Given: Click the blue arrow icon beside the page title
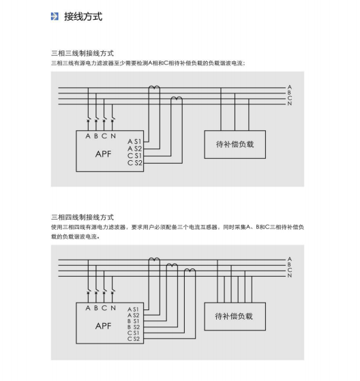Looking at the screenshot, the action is click(55, 16).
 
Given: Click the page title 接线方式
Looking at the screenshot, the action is click(83, 16).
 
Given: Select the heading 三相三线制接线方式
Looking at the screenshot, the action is click(82, 53).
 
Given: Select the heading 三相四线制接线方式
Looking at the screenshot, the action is click(82, 217).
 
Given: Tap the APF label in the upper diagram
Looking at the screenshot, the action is click(104, 154).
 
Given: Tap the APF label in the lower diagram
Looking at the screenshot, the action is click(104, 326).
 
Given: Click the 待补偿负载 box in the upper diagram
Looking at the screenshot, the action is click(235, 144).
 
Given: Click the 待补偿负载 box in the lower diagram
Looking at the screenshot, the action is click(235, 316).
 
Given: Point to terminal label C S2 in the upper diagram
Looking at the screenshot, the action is click(135, 163).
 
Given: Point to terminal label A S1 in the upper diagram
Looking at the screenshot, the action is click(134, 141).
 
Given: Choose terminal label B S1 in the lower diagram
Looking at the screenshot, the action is click(134, 321).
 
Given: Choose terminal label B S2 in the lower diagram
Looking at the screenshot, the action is click(134, 327).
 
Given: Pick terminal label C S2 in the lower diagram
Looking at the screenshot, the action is click(134, 339).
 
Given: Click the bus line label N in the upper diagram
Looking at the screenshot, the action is click(290, 104).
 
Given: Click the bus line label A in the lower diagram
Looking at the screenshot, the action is click(290, 259).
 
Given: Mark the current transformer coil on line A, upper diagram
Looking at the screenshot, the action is click(154, 87).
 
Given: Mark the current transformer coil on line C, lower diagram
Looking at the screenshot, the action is click(190, 270).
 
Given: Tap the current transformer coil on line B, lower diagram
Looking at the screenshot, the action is click(172, 264).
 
